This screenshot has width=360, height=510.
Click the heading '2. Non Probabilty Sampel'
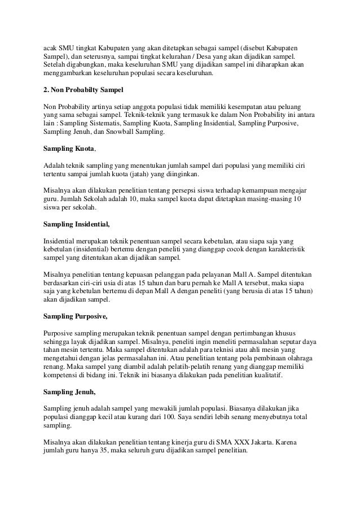click(x=83, y=90)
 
